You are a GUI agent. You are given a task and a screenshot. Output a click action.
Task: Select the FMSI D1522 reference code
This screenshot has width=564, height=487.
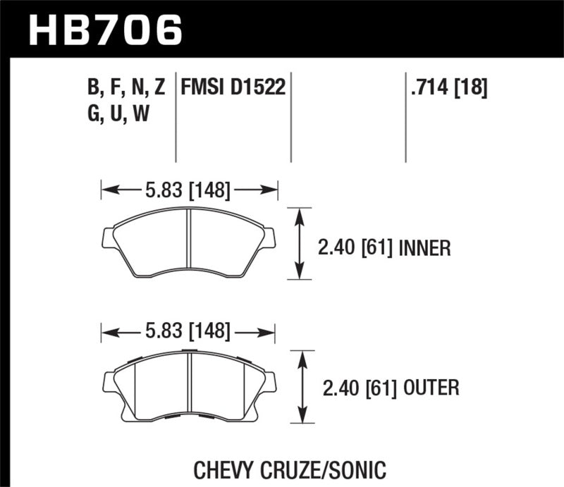(233, 87)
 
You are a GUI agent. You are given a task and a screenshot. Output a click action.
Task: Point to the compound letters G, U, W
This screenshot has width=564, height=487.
(116, 113)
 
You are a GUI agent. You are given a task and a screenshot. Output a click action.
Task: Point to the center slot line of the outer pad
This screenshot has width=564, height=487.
(190, 384)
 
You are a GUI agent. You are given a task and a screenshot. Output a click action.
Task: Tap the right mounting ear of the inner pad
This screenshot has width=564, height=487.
(270, 238)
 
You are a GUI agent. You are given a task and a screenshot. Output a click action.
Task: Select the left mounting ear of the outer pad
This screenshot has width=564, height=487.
(109, 381)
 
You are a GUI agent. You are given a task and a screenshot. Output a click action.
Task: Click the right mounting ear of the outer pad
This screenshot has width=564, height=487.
(270, 381)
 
